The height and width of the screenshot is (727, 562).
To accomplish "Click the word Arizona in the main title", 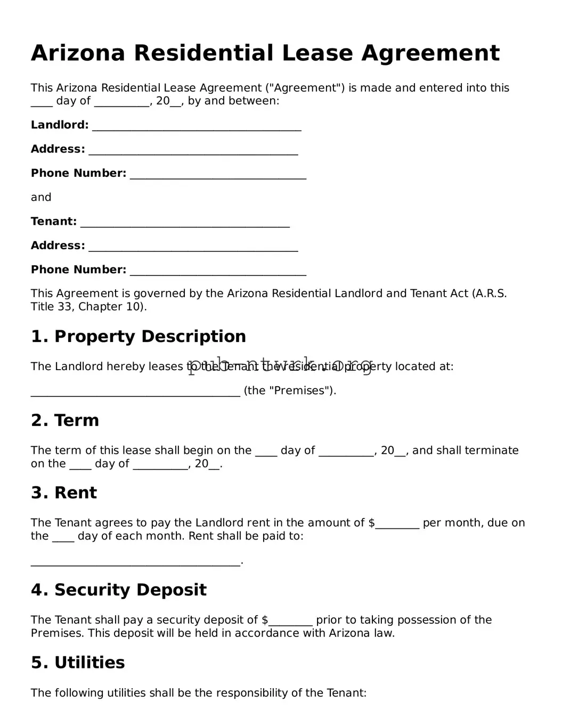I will (78, 53).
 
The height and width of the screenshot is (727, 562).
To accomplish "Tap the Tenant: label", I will (54, 222).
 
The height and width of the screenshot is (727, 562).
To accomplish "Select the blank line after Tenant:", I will (185, 224).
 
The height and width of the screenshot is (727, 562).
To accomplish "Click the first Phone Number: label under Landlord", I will (78, 173).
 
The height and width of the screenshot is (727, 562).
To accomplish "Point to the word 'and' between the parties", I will (41, 198).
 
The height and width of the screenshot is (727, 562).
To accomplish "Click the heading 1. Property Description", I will (139, 337).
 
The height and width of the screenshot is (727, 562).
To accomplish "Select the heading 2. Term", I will (65, 420).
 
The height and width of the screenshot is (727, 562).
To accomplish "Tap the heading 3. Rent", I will (64, 493).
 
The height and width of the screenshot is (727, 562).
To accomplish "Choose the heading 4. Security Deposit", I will (119, 590).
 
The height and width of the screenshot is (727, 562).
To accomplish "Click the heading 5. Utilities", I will (78, 663).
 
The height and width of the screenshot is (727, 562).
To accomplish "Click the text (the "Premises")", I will (290, 391).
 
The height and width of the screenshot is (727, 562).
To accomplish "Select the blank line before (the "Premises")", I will (135, 393).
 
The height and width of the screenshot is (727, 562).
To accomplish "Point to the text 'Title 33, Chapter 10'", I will (88, 307).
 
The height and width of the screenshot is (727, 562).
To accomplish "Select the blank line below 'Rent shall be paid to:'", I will (135, 563).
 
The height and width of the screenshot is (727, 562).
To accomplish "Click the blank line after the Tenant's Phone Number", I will (218, 272).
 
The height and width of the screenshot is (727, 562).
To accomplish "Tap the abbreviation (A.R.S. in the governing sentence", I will (490, 293).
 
